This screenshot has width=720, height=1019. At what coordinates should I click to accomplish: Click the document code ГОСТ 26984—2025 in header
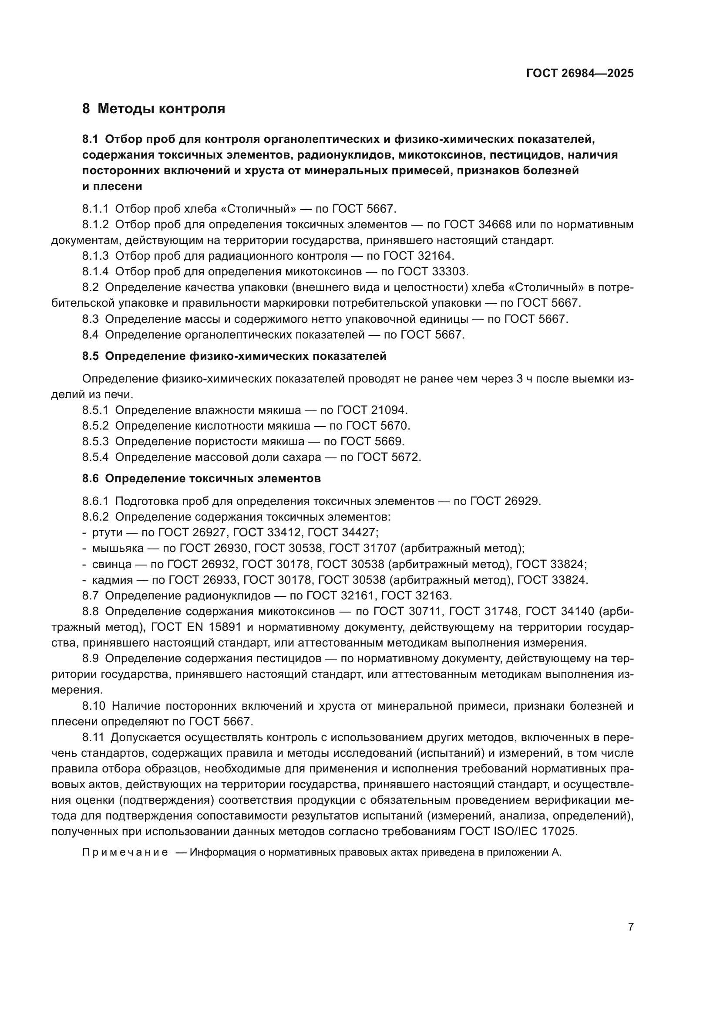[579, 74]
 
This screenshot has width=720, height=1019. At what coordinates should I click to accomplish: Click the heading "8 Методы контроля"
[153, 109]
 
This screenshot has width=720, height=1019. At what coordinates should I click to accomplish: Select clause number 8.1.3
[95, 256]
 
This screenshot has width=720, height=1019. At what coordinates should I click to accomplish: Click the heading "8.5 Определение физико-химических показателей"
[234, 356]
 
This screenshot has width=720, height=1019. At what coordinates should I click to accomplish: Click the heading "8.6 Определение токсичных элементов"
[201, 478]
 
